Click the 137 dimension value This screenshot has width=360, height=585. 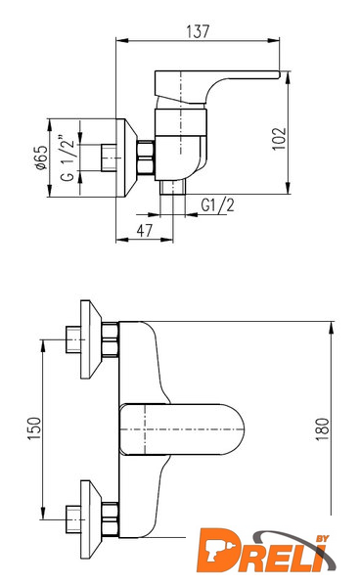click(x=198, y=31)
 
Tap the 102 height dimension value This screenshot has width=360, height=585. click(x=280, y=139)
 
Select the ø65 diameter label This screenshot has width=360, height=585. click(x=42, y=157)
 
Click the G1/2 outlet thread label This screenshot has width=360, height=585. click(x=217, y=205)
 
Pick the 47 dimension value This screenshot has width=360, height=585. click(x=145, y=231)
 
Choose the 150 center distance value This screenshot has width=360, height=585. click(x=34, y=428)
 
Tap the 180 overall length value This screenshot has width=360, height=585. click(x=323, y=429)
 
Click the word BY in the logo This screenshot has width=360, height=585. click(x=322, y=538)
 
